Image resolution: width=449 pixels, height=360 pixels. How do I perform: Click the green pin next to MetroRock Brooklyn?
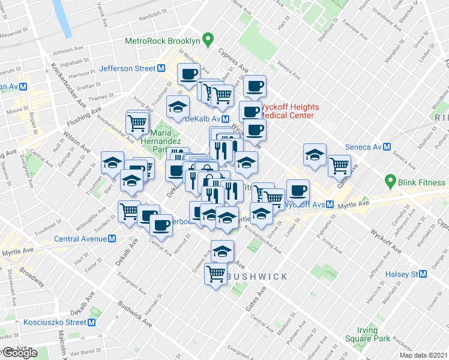click(208, 41)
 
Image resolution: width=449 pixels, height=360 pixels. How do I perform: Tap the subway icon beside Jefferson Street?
click(161, 68)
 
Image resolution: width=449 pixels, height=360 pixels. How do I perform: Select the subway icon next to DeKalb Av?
click(224, 119)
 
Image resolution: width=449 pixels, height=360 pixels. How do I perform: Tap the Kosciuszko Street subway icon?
click(92, 322)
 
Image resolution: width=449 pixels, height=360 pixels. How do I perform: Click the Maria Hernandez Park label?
click(166, 140)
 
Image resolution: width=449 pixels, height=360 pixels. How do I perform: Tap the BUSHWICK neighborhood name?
click(256, 277)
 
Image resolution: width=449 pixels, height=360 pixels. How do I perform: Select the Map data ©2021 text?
click(423, 355)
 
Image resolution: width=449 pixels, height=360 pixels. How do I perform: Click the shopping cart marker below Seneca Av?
click(340, 165)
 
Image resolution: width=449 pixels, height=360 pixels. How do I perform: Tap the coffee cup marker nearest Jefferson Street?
click(188, 75)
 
